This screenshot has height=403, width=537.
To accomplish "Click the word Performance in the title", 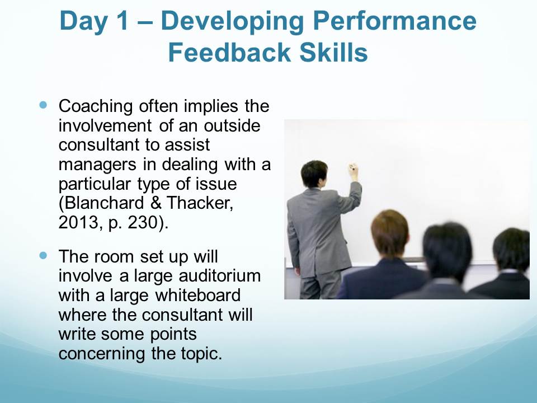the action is click(394, 21).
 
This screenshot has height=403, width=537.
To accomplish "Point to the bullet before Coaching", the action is click(43, 105).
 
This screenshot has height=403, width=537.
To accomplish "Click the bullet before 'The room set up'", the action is click(43, 255).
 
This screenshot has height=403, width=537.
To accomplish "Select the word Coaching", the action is click(96, 106).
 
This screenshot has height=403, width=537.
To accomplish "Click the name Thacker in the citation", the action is click(200, 203).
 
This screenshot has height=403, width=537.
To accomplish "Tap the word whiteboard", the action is click(198, 295).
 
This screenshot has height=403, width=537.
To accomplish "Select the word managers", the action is click(97, 165).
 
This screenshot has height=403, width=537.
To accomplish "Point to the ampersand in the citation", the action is click(156, 203).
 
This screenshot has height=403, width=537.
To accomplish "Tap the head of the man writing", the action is click(314, 174).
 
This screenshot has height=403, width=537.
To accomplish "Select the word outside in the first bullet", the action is click(232, 126).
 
